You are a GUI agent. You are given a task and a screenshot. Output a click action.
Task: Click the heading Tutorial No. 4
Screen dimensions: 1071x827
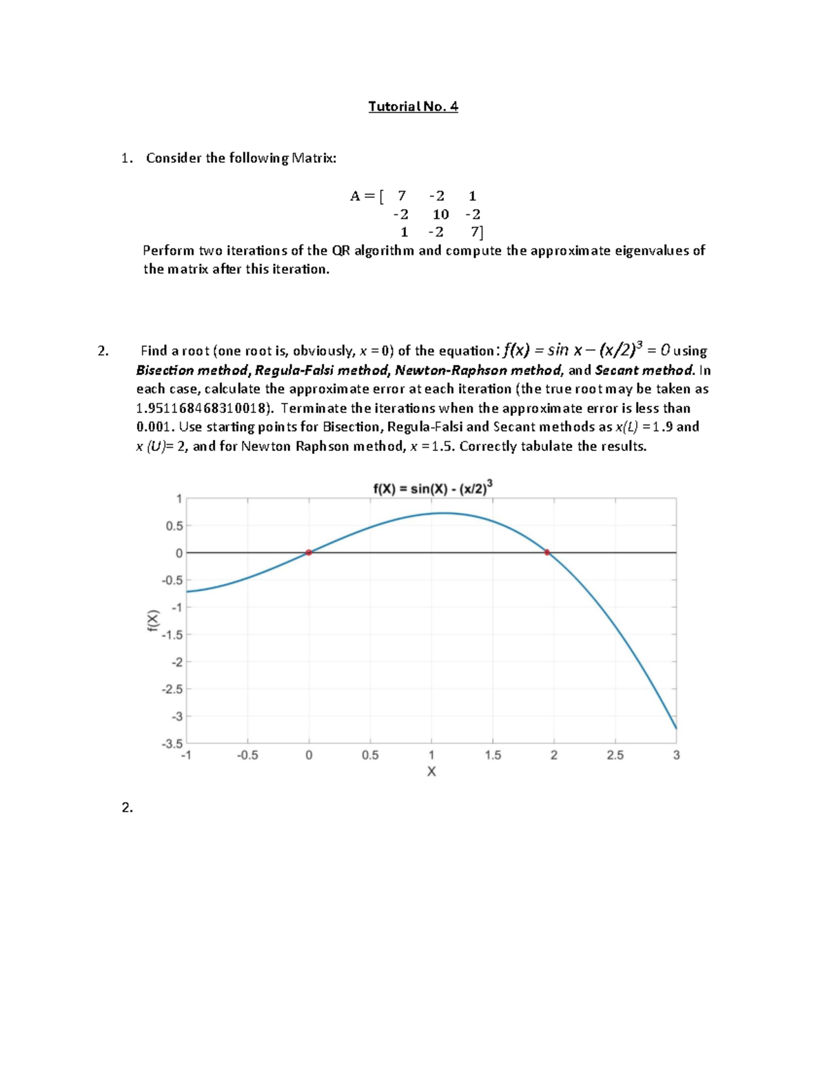[413, 106]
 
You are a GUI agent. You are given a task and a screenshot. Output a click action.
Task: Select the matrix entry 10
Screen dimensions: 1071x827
[440, 214]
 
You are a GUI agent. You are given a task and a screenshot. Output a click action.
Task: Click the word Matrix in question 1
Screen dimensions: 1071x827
[314, 158]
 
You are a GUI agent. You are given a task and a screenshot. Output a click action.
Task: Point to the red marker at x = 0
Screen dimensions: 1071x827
[309, 552]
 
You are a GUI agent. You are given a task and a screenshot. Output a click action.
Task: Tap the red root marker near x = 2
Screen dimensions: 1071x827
[547, 552]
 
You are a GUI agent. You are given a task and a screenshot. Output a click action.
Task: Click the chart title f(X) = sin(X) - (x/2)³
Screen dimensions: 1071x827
[433, 488]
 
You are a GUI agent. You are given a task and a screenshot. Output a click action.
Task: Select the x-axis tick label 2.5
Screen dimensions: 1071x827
[615, 755]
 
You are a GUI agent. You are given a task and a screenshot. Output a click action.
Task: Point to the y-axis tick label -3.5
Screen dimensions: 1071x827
[172, 744]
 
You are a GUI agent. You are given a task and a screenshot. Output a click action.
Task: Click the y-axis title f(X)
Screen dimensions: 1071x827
[153, 620]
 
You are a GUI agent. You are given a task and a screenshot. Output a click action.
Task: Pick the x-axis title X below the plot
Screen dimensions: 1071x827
[431, 772]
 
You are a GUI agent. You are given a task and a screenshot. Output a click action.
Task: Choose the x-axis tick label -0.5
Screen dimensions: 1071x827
[247, 755]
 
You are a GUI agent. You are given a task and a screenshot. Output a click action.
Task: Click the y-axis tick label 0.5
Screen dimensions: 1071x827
[174, 526]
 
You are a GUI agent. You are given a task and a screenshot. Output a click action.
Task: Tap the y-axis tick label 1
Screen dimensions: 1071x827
[178, 499]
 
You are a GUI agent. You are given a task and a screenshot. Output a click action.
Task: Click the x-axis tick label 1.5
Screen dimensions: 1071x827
[492, 755]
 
